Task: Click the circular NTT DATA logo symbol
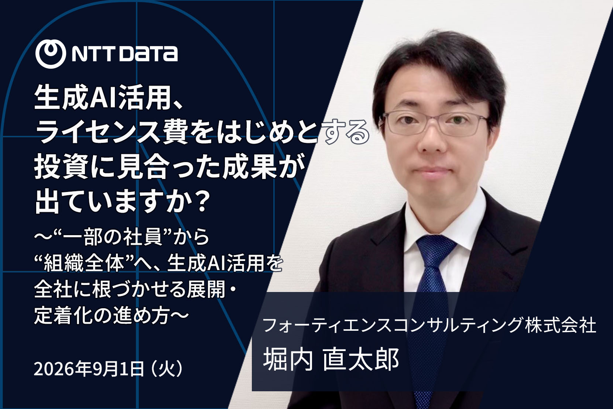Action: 51,54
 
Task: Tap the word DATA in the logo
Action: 148,54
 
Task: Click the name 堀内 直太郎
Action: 331,359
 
